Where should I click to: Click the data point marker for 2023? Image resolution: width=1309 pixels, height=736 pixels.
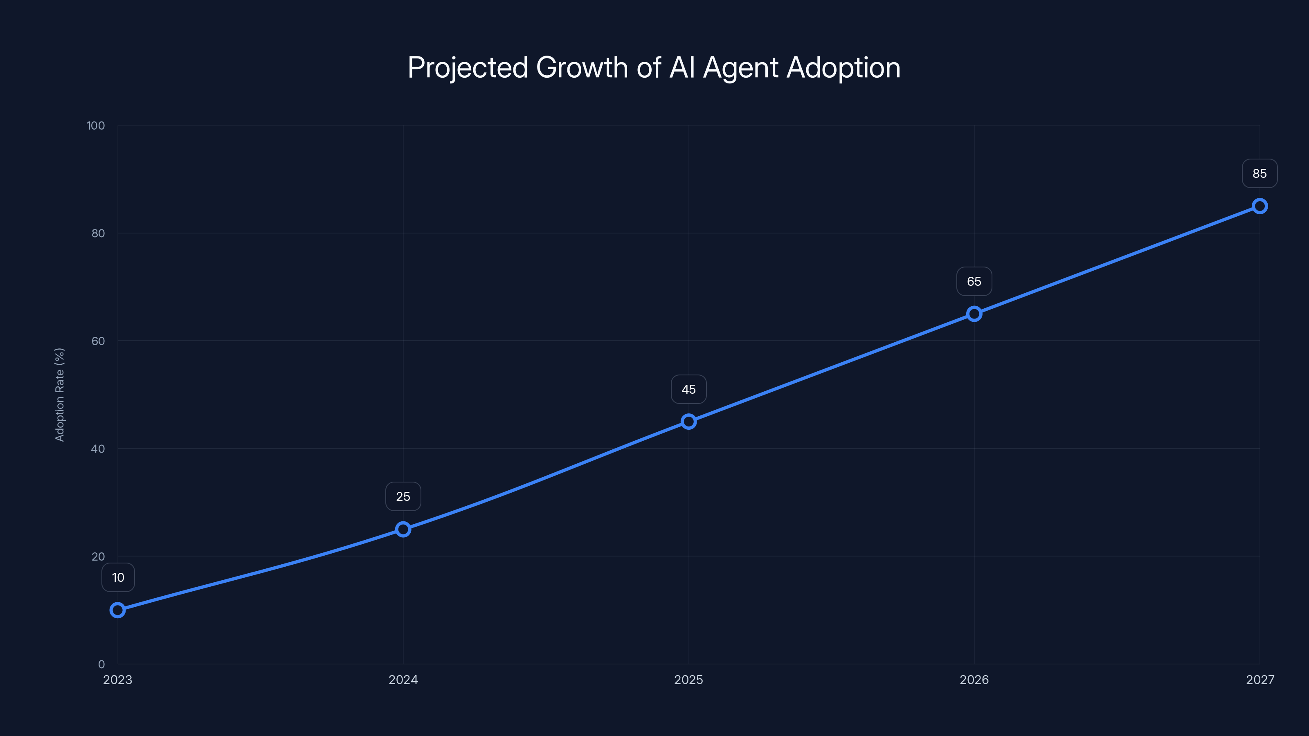click(x=117, y=610)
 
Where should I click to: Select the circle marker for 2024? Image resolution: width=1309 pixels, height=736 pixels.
click(x=403, y=529)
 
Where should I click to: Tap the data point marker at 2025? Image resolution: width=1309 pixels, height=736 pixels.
click(x=688, y=422)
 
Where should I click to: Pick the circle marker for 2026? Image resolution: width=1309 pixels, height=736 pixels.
click(x=974, y=314)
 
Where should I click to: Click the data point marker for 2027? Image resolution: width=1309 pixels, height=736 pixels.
click(x=1260, y=206)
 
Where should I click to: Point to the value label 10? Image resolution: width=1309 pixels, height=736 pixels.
click(x=118, y=577)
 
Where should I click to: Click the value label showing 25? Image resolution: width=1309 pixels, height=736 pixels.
click(x=403, y=497)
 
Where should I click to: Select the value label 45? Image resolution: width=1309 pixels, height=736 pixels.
click(x=688, y=390)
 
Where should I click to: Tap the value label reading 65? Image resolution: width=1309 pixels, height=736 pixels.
click(x=974, y=281)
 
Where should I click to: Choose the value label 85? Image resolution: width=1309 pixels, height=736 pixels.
click(x=1260, y=174)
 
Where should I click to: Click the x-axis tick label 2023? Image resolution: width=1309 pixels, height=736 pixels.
click(x=117, y=680)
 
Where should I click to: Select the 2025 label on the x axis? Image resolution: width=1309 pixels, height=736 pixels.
click(x=688, y=680)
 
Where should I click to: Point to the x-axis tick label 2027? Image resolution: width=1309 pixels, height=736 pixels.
click(x=1260, y=680)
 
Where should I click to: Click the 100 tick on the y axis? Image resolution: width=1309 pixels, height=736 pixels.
click(x=96, y=126)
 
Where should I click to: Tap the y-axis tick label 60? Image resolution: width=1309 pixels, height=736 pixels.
click(x=98, y=341)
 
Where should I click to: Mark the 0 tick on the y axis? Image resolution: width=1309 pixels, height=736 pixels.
click(x=101, y=664)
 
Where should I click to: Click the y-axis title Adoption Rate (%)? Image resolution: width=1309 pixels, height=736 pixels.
click(x=59, y=395)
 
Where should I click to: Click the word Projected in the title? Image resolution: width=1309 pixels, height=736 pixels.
click(x=468, y=67)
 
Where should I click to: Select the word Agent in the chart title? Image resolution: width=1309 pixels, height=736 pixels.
click(x=740, y=67)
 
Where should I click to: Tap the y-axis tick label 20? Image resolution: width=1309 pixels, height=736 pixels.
click(x=98, y=556)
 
